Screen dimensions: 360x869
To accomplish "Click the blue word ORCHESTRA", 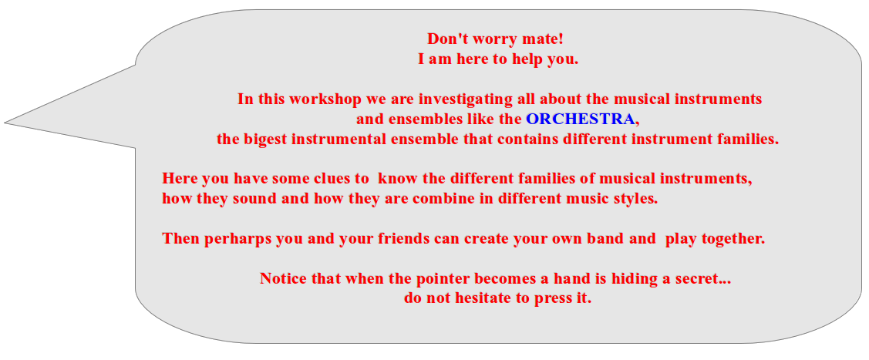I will coord(581,119).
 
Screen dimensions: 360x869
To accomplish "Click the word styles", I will coord(635,198).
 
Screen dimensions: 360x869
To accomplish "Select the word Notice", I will coord(283,278).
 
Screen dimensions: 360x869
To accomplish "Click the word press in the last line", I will coord(555,298).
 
